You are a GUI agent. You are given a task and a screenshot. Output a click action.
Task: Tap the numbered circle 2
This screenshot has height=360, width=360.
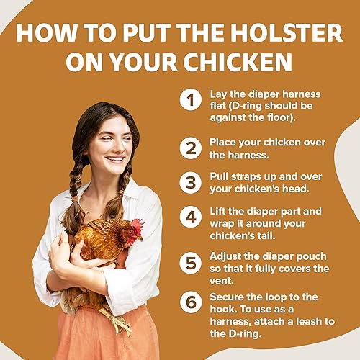[x=189, y=148]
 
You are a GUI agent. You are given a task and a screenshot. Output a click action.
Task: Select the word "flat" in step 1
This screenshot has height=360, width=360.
[x=220, y=107]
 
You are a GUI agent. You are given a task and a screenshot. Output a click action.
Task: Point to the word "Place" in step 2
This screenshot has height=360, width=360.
[x=224, y=142]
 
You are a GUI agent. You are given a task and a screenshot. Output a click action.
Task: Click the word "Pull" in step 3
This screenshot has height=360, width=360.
[x=220, y=176]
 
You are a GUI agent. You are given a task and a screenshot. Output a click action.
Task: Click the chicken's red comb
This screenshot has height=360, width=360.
[x=137, y=226]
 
